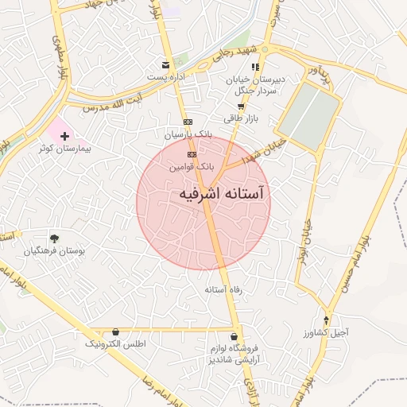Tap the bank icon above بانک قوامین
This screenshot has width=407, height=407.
191,154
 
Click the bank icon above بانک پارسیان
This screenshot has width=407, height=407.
187,122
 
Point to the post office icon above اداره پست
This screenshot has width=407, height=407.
165,64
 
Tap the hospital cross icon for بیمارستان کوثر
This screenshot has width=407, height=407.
64,137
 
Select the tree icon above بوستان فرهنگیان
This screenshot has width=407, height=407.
54,238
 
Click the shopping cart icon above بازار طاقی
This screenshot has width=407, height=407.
240,106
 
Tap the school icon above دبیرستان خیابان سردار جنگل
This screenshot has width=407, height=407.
255,67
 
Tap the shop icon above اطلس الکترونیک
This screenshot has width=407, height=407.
116,331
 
